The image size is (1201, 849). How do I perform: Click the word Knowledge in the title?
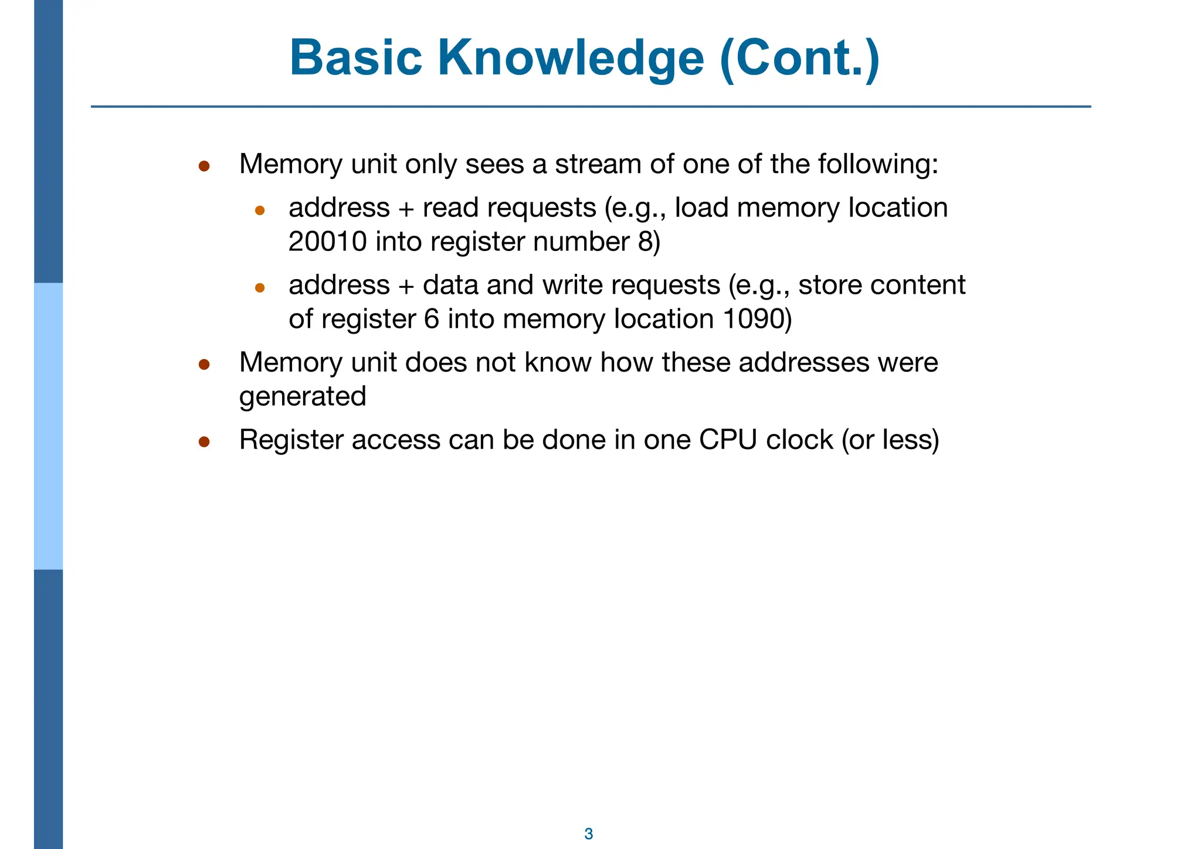571,58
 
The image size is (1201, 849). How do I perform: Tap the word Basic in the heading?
355,58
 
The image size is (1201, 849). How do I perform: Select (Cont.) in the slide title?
799,58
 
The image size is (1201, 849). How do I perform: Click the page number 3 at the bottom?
589,834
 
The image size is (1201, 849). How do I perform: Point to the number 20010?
328,242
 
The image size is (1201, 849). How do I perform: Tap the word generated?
303,396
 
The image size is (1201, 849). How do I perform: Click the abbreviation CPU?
728,440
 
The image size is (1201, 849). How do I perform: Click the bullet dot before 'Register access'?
204,442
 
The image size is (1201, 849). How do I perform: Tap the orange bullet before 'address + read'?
260,210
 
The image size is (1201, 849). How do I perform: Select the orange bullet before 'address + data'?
260,287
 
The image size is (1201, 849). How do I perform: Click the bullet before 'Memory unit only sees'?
204,166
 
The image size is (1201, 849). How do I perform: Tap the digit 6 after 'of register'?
432,319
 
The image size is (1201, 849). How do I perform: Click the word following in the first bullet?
877,164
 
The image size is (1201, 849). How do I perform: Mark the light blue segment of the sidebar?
48,426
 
